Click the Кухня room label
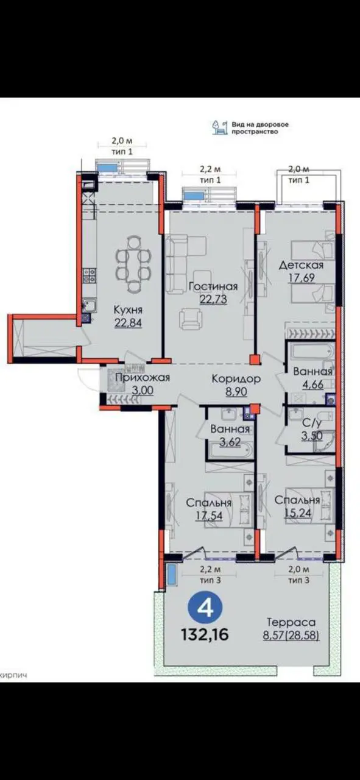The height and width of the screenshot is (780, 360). point(128,310)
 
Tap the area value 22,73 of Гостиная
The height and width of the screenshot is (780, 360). point(213,299)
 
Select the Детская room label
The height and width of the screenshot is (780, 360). point(302,265)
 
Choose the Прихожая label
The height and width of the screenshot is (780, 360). point(143,377)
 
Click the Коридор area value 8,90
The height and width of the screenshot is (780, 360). point(236,391)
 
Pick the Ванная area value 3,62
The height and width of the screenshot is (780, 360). point(230,442)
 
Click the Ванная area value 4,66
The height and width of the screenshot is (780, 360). point(312,385)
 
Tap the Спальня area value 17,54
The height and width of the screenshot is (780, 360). point(208,516)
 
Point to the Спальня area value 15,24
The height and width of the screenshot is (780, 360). point(297,512)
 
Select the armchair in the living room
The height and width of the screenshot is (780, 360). point(191,320)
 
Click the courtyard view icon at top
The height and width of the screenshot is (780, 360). point(220,128)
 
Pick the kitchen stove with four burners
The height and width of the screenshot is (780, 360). point(90,275)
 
